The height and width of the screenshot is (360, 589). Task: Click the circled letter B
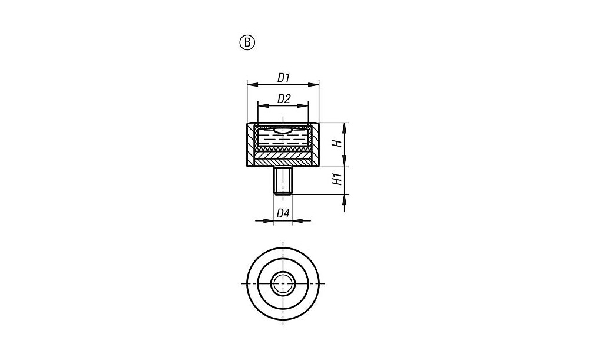coord(247,43)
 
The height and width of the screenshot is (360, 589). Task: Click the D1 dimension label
coord(284,78)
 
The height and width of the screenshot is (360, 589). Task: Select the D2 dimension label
coord(284,99)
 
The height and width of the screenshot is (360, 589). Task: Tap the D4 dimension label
coord(283,213)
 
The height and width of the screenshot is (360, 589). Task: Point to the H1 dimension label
coord(337,179)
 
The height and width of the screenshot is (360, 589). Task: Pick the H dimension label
coord(337,144)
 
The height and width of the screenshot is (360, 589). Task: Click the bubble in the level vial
coord(283,131)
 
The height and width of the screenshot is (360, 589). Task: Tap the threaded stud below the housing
coord(283,180)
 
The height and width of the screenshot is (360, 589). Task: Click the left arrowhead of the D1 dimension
coord(252,85)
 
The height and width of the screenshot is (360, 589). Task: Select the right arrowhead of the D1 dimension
coord(313,85)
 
